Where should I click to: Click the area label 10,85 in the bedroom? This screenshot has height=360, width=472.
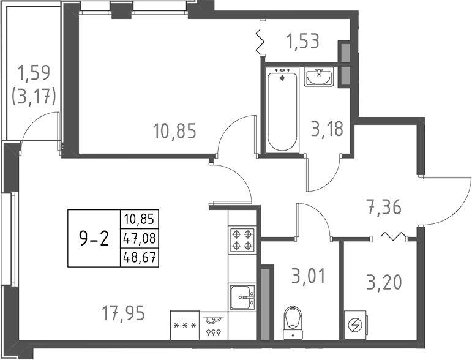(x=174, y=131)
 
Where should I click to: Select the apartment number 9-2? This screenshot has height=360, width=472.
(x=94, y=238)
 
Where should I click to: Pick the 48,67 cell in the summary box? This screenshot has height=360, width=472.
(x=139, y=258)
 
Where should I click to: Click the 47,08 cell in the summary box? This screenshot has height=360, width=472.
(x=139, y=238)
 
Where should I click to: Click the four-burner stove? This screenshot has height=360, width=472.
(x=242, y=239)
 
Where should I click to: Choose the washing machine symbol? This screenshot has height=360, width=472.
(x=355, y=325)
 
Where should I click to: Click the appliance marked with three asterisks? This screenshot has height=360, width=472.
(x=184, y=325)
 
